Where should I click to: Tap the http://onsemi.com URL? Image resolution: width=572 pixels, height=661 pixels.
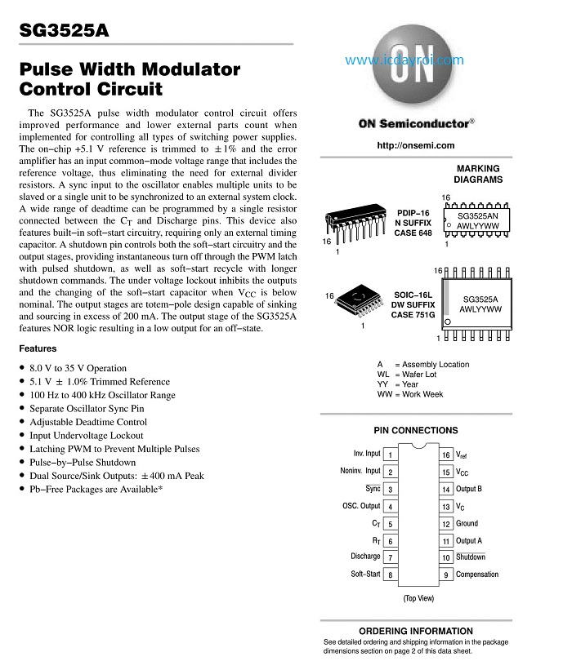[416, 145]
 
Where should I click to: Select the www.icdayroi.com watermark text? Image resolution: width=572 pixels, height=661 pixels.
[404, 60]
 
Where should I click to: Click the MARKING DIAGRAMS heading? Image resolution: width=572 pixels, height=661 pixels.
[478, 174]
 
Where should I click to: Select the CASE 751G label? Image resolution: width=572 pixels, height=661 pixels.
[413, 315]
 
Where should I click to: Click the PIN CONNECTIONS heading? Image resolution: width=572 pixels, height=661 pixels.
[415, 430]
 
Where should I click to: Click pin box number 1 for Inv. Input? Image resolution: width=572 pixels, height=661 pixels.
[391, 455]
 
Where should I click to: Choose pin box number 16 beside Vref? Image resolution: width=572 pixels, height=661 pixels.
[446, 455]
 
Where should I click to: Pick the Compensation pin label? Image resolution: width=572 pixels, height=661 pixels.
[477, 574]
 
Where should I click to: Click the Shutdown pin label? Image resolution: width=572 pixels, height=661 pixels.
[471, 557]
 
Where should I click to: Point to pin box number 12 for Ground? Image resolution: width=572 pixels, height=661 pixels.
[446, 524]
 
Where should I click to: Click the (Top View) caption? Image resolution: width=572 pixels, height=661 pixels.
[418, 598]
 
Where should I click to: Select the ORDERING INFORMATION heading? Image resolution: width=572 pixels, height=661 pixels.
[415, 631]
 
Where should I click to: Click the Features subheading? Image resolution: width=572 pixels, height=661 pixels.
[38, 348]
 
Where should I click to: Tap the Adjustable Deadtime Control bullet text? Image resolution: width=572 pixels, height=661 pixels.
[88, 422]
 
